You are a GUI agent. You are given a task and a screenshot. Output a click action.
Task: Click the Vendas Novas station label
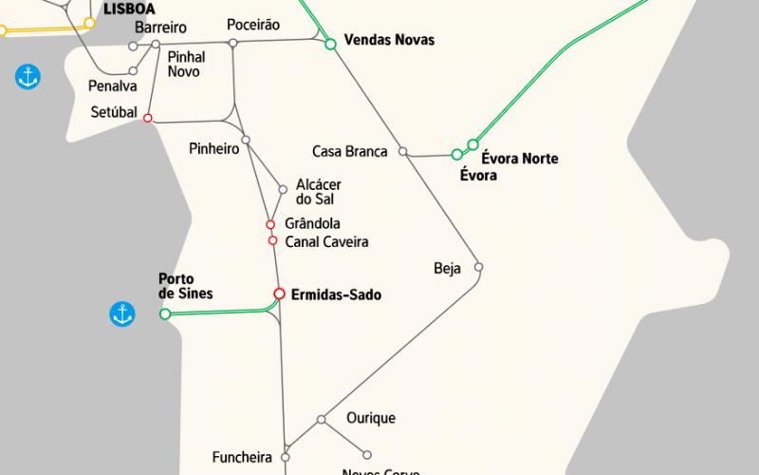[389, 40]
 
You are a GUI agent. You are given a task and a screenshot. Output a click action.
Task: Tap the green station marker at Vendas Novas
[330, 44]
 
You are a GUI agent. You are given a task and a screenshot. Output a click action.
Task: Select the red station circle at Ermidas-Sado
[279, 294]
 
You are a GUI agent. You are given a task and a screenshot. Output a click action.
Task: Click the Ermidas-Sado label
[336, 295]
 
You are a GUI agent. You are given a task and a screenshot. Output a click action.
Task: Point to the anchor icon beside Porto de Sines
[121, 313]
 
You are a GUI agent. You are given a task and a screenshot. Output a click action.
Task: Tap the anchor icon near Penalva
[28, 77]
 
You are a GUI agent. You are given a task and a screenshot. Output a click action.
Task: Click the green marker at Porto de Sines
[165, 313]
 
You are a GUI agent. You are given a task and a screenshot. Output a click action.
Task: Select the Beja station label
[447, 268]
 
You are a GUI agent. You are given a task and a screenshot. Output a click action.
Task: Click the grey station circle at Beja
[479, 267]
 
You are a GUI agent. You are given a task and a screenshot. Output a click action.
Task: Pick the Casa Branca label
[349, 151]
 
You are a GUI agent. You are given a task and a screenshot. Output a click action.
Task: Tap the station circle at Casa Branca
[402, 151]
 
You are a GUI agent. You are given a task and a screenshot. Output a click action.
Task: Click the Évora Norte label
[520, 159]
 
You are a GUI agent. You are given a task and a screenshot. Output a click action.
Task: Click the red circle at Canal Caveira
[272, 240]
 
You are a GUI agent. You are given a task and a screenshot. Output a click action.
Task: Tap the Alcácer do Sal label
[319, 192]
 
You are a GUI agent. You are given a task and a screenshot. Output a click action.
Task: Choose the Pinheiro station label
[213, 148]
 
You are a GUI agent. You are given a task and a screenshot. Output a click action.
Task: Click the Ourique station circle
[322, 419]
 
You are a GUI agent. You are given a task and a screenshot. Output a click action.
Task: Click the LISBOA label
[129, 8]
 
